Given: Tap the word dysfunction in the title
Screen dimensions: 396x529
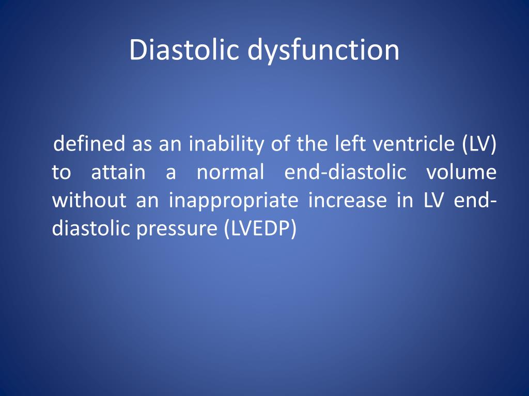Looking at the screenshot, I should [323, 51].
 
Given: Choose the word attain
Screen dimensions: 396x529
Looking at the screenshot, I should [118, 172].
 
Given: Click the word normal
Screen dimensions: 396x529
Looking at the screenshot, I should [230, 172].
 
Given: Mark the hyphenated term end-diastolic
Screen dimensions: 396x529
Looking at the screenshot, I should [345, 172].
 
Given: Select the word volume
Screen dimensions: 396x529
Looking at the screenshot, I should [461, 172].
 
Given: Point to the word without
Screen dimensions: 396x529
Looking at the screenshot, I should [89, 200].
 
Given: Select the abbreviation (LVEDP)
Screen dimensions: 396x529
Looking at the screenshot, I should [261, 229].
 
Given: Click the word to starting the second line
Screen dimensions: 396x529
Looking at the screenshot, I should [61, 172].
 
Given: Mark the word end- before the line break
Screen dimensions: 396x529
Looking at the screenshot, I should [475, 200].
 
